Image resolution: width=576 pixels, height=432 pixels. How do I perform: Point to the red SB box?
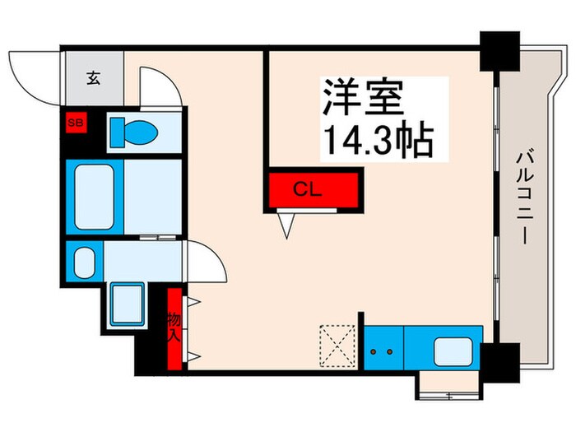tap(76, 123)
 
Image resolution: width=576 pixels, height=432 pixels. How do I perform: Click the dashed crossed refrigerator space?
tap(337, 345)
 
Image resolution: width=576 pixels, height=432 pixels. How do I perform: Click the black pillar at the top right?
tap(498, 53)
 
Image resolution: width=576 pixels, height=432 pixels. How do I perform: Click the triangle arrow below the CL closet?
tap(287, 224)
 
